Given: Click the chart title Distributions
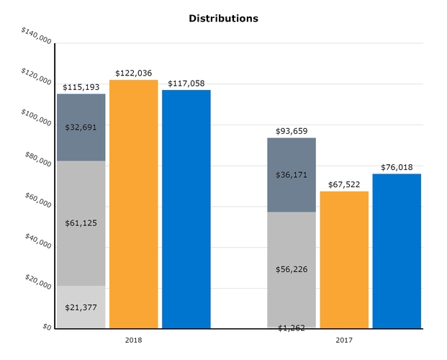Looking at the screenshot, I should [223, 18].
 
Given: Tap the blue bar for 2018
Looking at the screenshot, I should [186, 209].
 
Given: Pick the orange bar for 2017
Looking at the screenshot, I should [344, 260].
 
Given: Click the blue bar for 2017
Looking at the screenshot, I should [397, 251].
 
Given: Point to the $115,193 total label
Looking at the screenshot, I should [81, 87].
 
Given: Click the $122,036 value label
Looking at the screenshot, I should [133, 73].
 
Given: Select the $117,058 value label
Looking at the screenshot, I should [186, 84].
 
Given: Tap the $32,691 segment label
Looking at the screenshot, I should [81, 127].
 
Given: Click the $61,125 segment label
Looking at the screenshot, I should [81, 223].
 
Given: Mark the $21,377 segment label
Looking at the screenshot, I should [81, 307].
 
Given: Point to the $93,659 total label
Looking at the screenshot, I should [292, 131].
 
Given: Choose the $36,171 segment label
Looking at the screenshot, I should [292, 175].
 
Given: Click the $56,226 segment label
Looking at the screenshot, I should [292, 269].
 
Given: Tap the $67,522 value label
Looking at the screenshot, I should [344, 184].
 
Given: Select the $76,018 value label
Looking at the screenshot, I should [397, 167].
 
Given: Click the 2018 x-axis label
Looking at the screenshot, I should [133, 339].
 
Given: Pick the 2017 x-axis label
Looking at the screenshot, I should [344, 339].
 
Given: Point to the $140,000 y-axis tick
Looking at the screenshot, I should [36, 36].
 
